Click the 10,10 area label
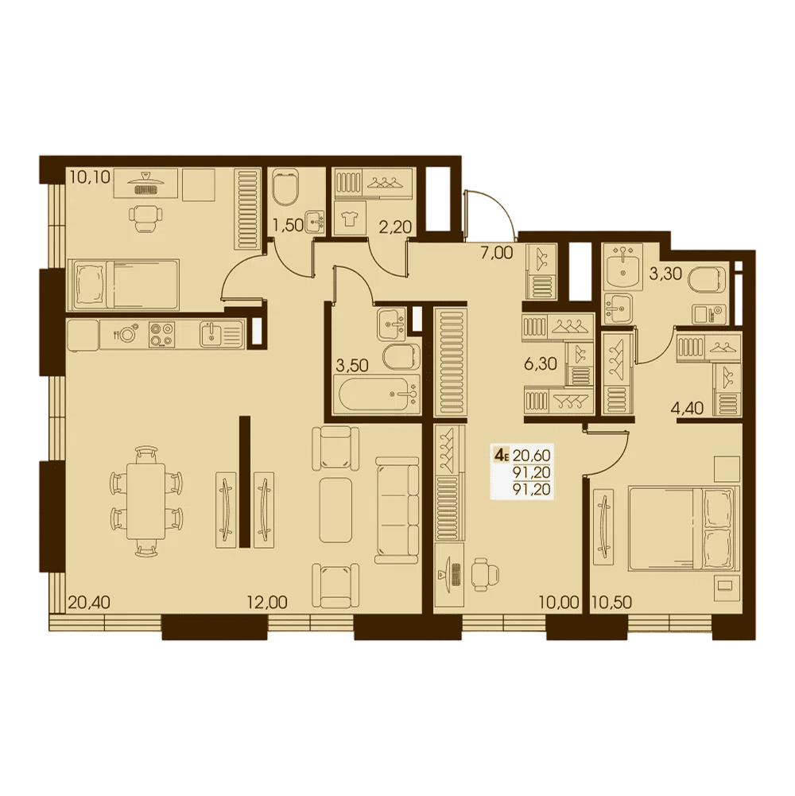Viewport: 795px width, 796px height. pyautogui.click(x=90, y=177)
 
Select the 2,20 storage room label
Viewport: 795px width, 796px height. pyautogui.click(x=395, y=227)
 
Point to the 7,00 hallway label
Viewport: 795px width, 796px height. pyautogui.click(x=497, y=252)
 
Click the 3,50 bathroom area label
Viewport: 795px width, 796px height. pyautogui.click(x=352, y=365)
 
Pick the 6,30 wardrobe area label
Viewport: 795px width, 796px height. pyautogui.click(x=541, y=364)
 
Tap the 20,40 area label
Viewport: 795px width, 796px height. pyautogui.click(x=89, y=603)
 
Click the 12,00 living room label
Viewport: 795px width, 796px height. pyautogui.click(x=267, y=603)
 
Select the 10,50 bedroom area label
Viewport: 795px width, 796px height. pyautogui.click(x=611, y=603)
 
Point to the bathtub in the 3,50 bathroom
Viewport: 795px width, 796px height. pyautogui.click(x=376, y=394)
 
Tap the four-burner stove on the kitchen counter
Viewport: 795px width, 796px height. pyautogui.click(x=162, y=335)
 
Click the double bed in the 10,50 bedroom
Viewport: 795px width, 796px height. pyautogui.click(x=684, y=528)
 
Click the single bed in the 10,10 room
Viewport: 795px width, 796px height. pyautogui.click(x=123, y=285)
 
